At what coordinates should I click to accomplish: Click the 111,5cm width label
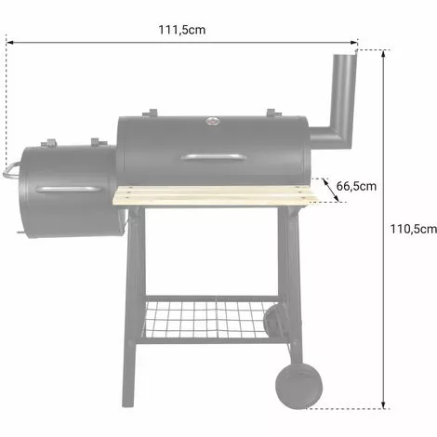point(182,30)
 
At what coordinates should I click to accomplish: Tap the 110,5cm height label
point(414,229)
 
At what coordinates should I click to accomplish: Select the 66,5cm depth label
point(356,186)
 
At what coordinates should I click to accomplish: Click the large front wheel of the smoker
point(298,386)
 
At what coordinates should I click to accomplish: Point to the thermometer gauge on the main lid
point(213,121)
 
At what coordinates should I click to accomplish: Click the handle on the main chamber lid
point(214,158)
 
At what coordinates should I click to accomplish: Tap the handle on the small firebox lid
point(68,190)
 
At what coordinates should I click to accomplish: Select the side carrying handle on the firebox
point(10,170)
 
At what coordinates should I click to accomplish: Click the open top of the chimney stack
point(345,56)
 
